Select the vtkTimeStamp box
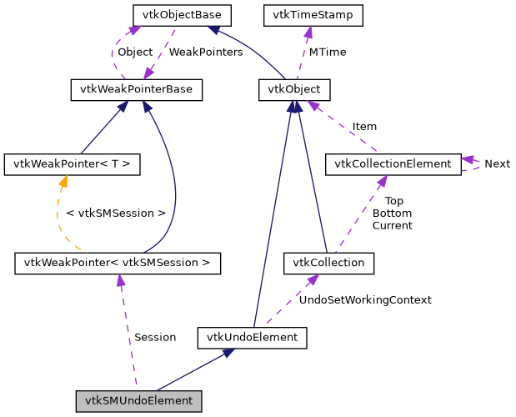(307, 15)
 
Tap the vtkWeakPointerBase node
(136, 89)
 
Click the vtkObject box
(294, 89)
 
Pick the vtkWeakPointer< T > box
(72, 163)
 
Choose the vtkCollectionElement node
(392, 163)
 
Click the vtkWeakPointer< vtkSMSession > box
(118, 264)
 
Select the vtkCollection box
(328, 264)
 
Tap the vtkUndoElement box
(253, 338)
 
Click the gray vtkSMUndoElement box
(139, 401)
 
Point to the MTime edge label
(328, 52)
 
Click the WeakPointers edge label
(206, 52)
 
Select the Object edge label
(135, 52)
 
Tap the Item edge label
(364, 127)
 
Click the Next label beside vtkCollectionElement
(497, 163)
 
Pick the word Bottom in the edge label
(392, 214)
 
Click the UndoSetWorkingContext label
(365, 299)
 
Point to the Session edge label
(155, 337)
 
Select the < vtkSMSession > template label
(115, 214)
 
